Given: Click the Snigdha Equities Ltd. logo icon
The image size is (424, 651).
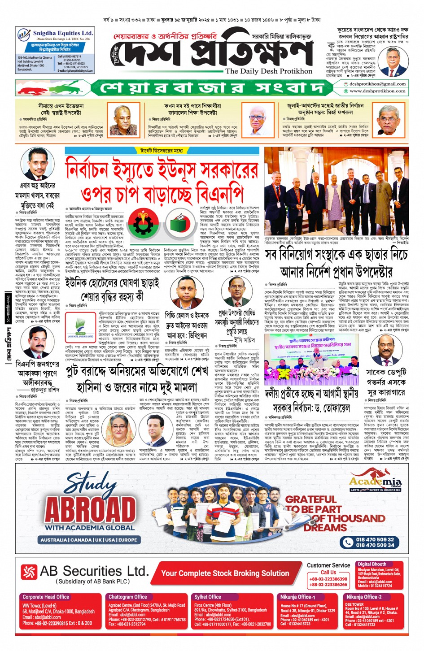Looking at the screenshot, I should (24, 34).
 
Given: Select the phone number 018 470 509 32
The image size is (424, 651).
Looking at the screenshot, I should (375, 539).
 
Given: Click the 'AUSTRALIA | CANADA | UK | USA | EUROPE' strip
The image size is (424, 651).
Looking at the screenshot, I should (88, 540).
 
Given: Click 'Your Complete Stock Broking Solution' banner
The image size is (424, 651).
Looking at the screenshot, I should (225, 573).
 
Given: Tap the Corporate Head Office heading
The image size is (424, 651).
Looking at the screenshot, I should (46, 597).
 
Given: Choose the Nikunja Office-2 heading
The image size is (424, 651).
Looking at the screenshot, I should (364, 597).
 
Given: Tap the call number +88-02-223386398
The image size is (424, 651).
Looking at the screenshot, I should (328, 579).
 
